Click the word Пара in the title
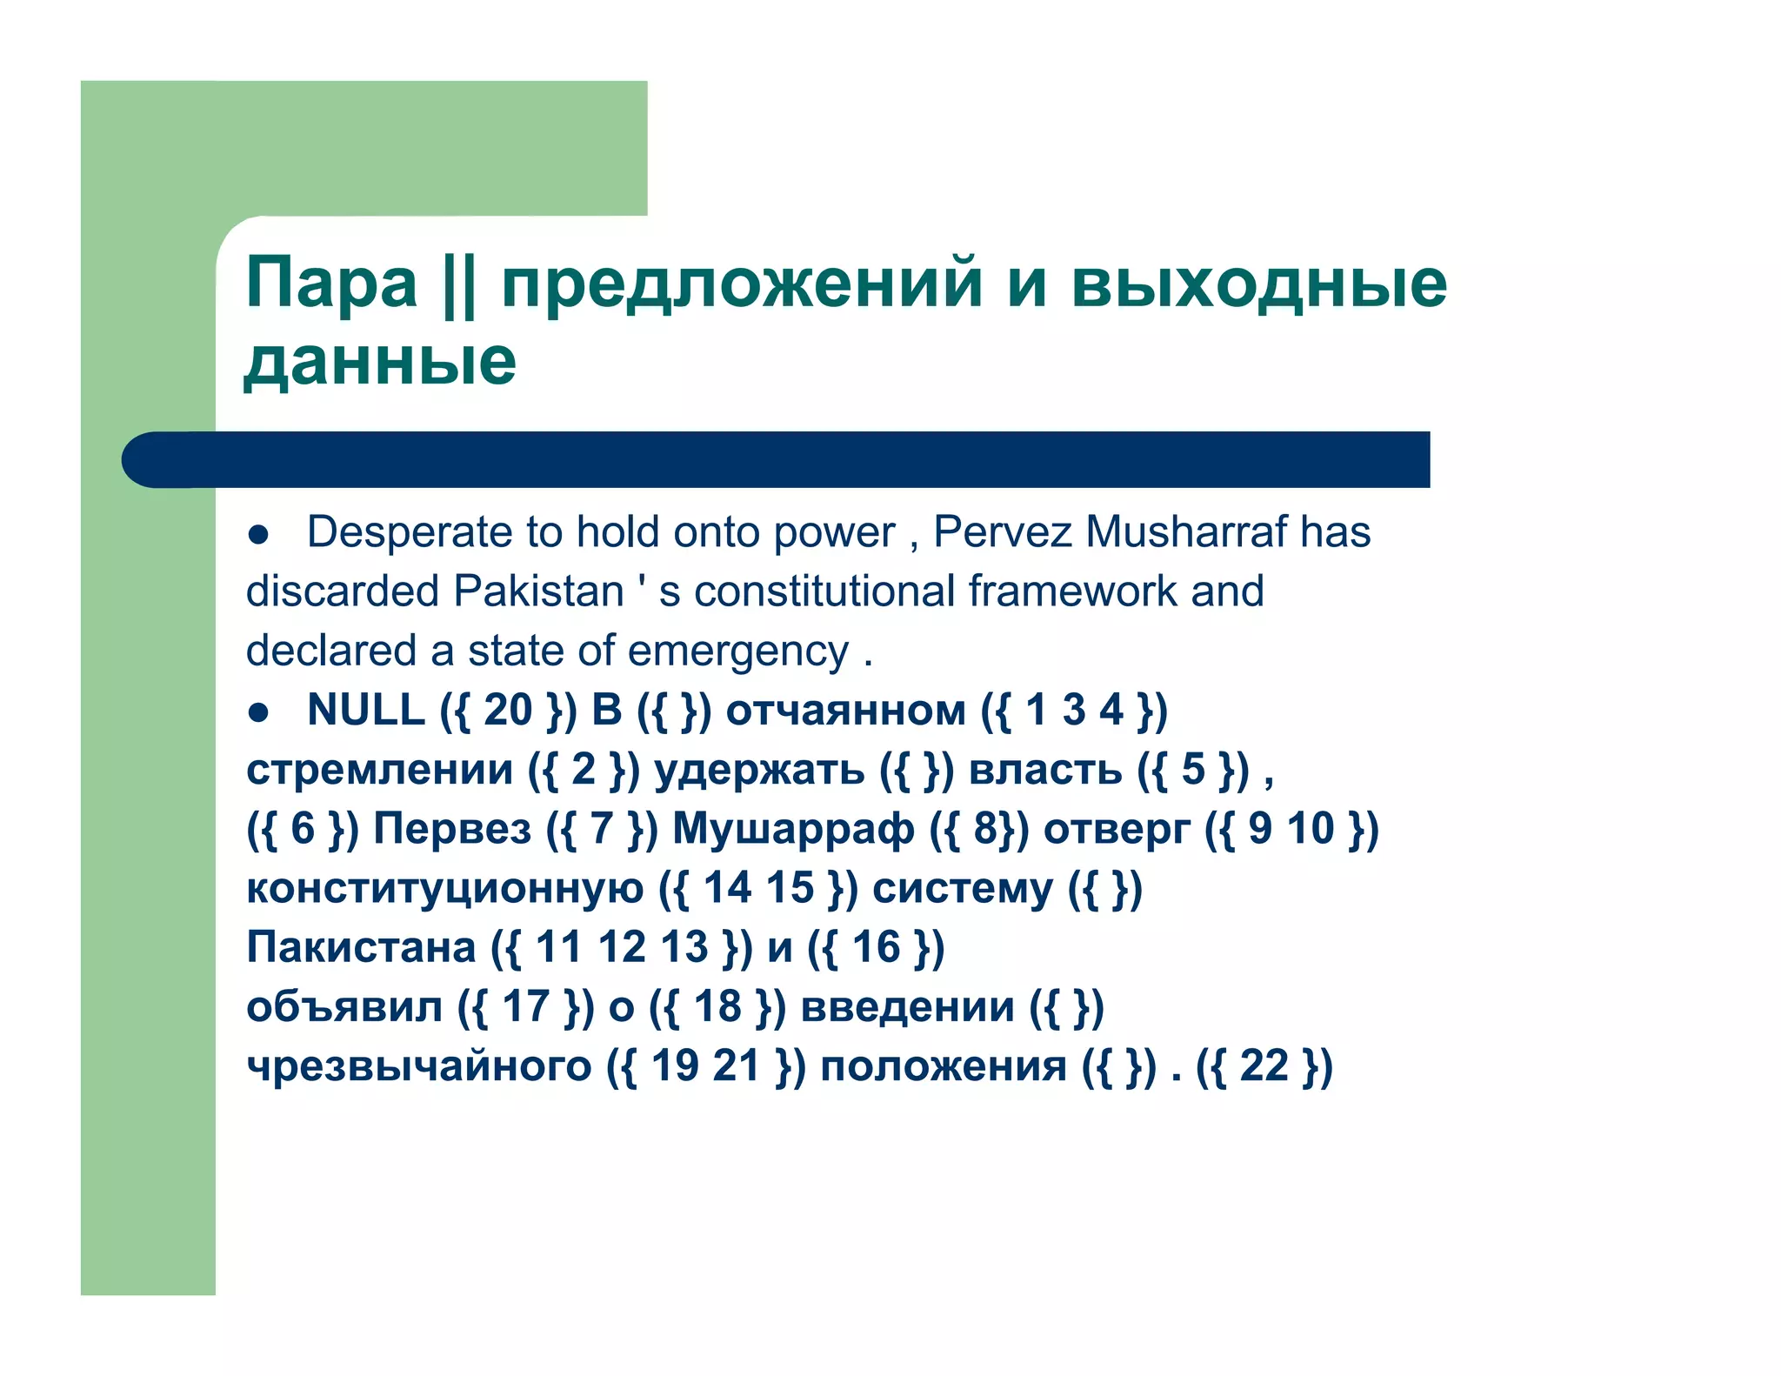[x=331, y=284]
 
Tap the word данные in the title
[x=380, y=361]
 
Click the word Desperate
[x=410, y=532]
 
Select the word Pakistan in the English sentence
[x=539, y=591]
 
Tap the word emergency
[x=738, y=651]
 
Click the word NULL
[x=366, y=710]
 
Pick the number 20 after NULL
[x=508, y=710]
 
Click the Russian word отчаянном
[x=845, y=711]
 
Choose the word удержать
[x=758, y=771]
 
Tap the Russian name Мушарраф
[x=793, y=829]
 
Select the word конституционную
[x=445, y=889]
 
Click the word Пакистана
[x=361, y=947]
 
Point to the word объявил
[x=344, y=1007]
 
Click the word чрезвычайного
[x=419, y=1067]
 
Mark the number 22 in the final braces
[x=1264, y=1066]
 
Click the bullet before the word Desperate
[x=258, y=535]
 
